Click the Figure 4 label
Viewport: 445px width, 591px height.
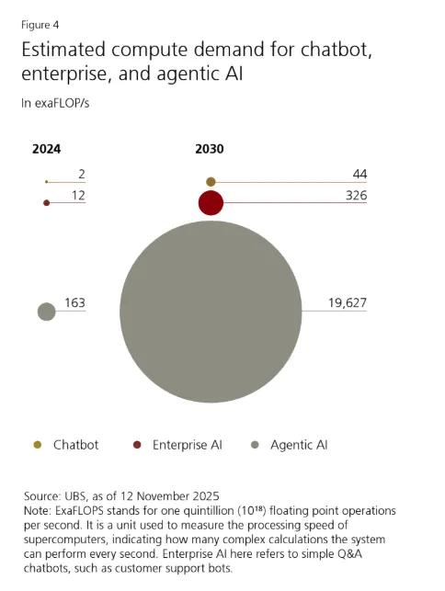40,25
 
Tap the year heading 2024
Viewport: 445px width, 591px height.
46,149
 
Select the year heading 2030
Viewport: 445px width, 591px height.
210,149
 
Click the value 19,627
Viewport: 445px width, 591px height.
348,302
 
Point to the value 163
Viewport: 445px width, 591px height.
74,302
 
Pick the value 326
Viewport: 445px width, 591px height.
357,195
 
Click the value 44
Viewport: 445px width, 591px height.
359,174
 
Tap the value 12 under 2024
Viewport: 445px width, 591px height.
78,195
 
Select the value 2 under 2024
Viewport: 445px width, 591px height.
82,174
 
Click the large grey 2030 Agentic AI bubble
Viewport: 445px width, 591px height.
211,312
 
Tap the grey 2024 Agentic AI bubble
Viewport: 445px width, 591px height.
46,312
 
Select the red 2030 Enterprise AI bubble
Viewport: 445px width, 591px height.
211,203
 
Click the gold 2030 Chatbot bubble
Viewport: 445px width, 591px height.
211,182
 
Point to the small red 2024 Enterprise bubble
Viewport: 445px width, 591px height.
46,203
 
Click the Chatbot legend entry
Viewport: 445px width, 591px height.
66,445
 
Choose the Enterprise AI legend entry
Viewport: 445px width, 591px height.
177,445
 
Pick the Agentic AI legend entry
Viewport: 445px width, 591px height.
290,445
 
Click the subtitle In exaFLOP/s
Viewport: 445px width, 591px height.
55,103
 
